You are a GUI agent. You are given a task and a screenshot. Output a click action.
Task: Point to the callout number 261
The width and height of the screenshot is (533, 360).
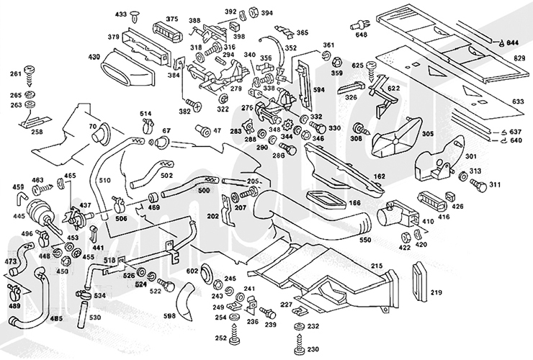(14, 74)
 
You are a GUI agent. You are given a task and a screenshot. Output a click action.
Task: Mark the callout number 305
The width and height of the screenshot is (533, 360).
(428, 133)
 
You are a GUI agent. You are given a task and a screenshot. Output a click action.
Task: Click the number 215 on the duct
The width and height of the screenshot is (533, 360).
(377, 266)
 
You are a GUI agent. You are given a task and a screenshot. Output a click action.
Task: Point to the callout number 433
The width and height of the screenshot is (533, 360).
(120, 14)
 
